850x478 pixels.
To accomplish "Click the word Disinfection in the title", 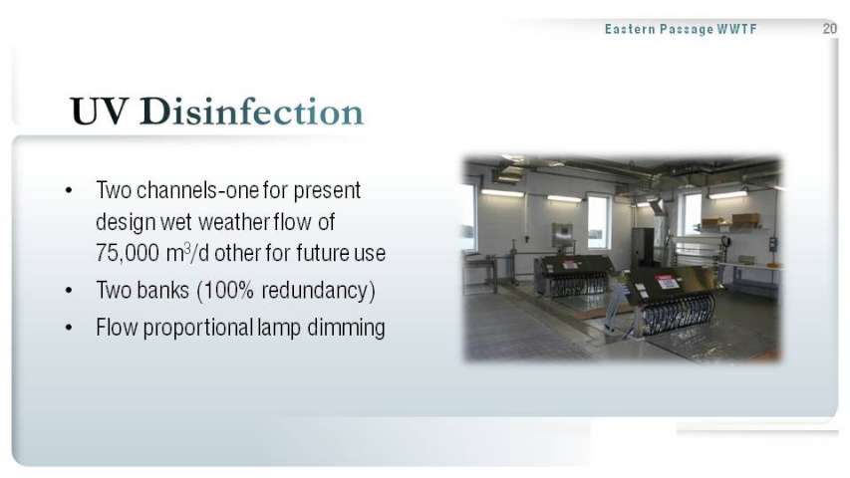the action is coord(251,112).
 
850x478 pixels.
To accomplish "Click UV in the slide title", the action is coord(100,112).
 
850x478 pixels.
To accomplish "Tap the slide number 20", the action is coord(829,28).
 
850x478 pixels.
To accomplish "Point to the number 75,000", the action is coord(128,253).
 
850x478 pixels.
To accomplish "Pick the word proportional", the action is coord(198,328).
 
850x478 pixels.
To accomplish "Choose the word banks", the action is coord(162,290).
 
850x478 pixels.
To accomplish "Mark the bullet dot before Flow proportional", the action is coord(69,328).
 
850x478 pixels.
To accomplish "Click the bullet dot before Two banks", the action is coord(69,291).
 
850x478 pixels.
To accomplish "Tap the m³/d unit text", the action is coord(187,253).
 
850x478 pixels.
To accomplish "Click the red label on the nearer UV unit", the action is coord(667,282).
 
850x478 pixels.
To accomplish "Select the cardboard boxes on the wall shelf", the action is coord(730,219).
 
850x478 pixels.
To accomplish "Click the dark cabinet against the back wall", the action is coord(643,247).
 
